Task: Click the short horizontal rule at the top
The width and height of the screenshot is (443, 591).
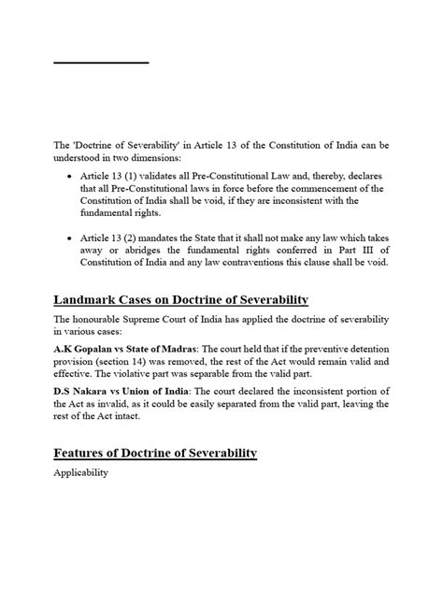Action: pyautogui.click(x=101, y=63)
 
